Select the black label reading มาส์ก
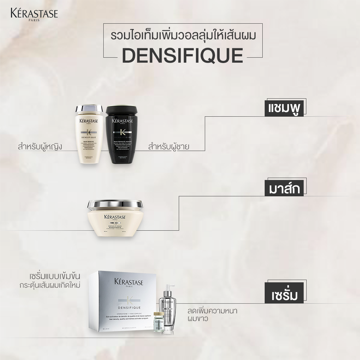coord(284,189)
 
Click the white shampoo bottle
coord(89,140)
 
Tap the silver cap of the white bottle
coord(89,109)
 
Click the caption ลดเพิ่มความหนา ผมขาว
coord(212,315)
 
